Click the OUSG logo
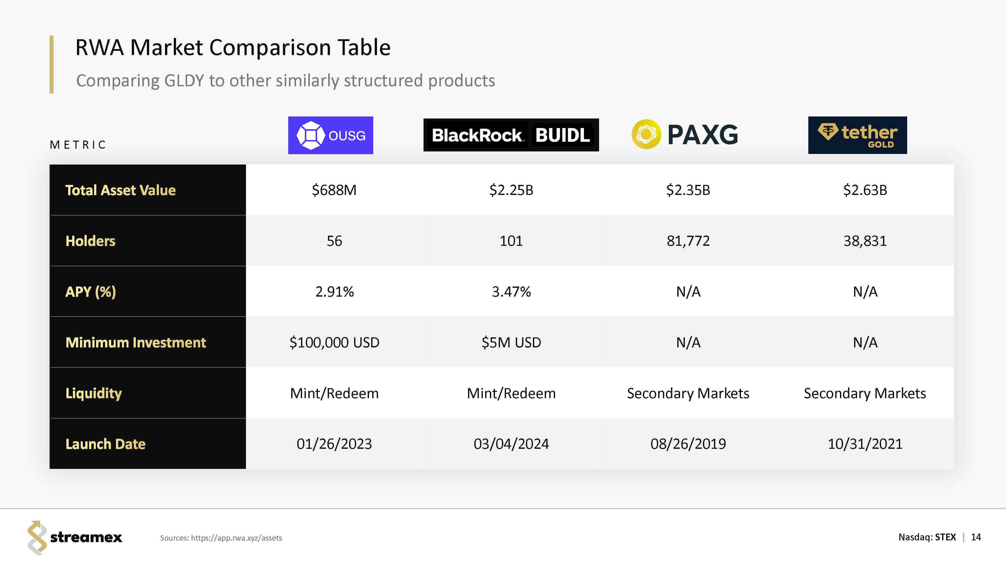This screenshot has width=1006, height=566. pos(330,135)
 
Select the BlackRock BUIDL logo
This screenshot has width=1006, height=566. pos(511,135)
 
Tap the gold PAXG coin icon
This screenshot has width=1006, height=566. pos(646,134)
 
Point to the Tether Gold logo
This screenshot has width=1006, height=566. pos(857,135)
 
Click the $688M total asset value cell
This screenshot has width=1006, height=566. pos(334,190)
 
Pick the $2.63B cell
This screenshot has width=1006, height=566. pos(865,190)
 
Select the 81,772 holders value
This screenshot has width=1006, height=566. pos(688,241)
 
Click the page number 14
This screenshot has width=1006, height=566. pos(976,537)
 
